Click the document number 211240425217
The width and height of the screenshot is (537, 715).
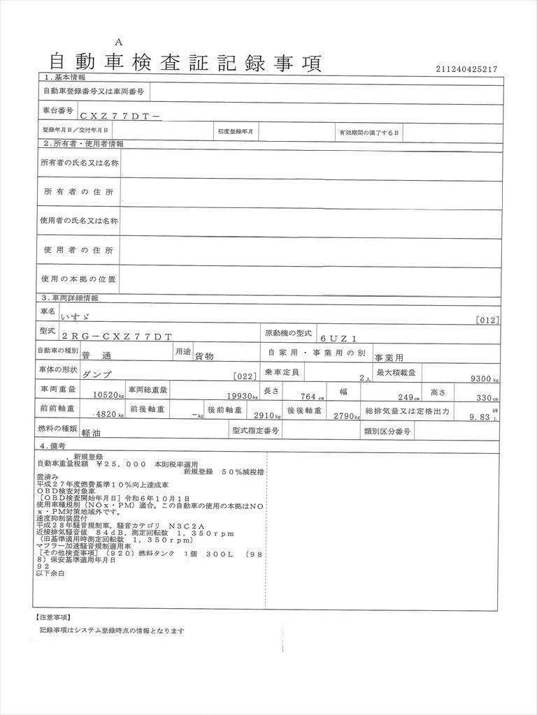pyautogui.click(x=466, y=69)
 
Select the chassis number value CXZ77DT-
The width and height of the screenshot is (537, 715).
pyautogui.click(x=120, y=118)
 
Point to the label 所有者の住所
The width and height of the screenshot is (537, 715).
pyautogui.click(x=78, y=192)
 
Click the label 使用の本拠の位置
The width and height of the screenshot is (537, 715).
pyautogui.click(x=78, y=279)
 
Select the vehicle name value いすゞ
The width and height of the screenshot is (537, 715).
pyautogui.click(x=76, y=316)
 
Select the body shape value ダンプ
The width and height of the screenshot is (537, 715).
pyautogui.click(x=96, y=374)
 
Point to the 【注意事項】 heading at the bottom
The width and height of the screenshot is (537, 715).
pyautogui.click(x=52, y=617)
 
